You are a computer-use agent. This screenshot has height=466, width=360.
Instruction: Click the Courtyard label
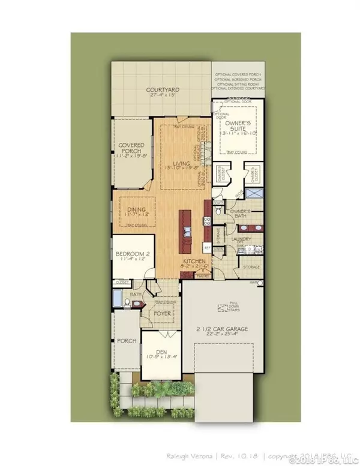[163, 92]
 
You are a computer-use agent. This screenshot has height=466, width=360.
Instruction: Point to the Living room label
[178, 163]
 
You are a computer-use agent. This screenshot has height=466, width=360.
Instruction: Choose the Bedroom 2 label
[131, 254]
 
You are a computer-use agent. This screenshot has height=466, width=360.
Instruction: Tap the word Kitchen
[195, 262]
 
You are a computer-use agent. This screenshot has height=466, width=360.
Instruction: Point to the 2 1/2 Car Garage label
[223, 329]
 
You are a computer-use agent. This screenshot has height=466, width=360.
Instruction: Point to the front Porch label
[126, 341]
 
